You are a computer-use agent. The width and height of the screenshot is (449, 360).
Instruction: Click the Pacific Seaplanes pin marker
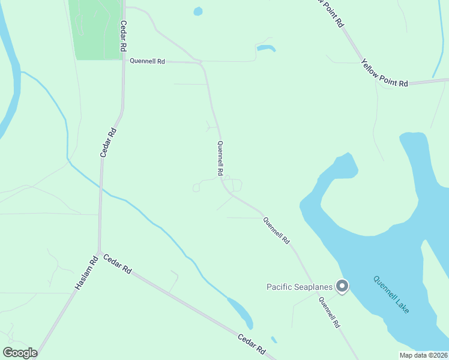[x=342, y=286]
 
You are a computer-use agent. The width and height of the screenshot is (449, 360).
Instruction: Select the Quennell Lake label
[x=391, y=294]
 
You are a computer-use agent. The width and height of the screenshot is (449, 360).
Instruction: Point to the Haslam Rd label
[x=86, y=274]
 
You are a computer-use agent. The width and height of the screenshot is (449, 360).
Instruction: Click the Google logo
[x=20, y=353]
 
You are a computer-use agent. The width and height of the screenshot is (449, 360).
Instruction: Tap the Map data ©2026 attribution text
[x=423, y=355]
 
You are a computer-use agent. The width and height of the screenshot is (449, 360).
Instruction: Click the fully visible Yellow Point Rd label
[x=385, y=73]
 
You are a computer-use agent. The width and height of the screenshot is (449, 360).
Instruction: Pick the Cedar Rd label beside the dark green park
[x=124, y=36]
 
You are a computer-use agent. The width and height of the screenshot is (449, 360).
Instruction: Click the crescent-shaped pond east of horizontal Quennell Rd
[x=266, y=47]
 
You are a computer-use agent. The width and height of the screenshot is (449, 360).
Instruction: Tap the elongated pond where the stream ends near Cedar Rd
[x=241, y=312]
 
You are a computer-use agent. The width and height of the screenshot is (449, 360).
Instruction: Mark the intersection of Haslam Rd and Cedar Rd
[x=99, y=253]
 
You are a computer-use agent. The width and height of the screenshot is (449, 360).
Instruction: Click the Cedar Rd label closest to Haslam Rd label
[x=117, y=264]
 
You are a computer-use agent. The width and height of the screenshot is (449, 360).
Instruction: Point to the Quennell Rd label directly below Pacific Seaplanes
[x=330, y=313]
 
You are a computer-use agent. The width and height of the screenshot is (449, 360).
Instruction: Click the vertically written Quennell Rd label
[x=220, y=159]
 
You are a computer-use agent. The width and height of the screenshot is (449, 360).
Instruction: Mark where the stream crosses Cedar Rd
[x=102, y=188]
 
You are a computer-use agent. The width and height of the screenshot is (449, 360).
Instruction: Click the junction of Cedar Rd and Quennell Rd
[x=124, y=61]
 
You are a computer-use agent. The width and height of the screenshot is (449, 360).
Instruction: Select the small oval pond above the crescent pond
[x=198, y=11]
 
